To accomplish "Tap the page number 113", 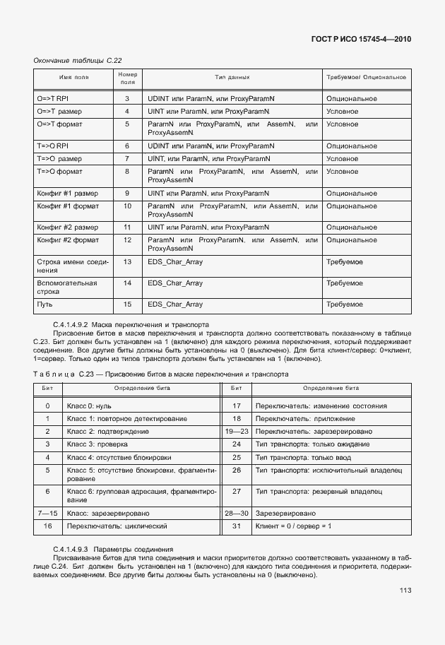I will point(405,591).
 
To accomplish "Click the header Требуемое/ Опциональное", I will point(365,76).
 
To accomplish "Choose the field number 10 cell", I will point(127,206).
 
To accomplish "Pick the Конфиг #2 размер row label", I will point(68,227).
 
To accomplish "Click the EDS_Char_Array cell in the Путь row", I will point(175,304).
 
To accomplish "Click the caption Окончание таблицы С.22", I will point(73,60).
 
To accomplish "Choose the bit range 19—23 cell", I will point(237,431).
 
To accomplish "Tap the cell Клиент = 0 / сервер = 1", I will point(294,526).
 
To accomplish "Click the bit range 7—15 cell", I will point(47,513).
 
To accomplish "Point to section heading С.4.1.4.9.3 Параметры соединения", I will point(113,549).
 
